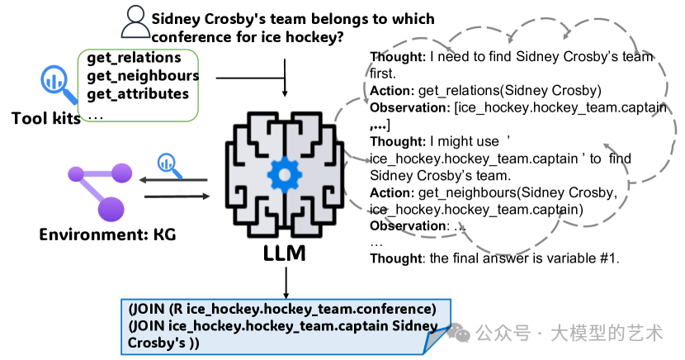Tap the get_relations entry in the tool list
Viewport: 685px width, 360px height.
click(x=134, y=58)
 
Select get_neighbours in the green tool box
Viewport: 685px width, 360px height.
click(x=143, y=76)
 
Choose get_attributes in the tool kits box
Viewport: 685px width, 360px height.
click(x=138, y=94)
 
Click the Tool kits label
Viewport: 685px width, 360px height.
click(x=46, y=118)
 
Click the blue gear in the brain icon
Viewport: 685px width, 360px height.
click(x=285, y=175)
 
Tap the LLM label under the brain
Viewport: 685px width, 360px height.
click(x=285, y=253)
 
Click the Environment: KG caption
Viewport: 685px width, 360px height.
click(x=107, y=234)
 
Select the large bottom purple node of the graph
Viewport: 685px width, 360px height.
click(x=111, y=209)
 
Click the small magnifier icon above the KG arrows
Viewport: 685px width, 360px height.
click(x=169, y=166)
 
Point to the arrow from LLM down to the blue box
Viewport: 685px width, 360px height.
click(x=286, y=283)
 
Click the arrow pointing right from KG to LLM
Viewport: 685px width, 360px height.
click(x=177, y=197)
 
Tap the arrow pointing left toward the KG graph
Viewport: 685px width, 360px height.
click(x=173, y=179)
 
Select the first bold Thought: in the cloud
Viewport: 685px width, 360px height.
click(x=398, y=57)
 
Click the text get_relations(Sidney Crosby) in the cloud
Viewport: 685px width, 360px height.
click(x=510, y=91)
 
